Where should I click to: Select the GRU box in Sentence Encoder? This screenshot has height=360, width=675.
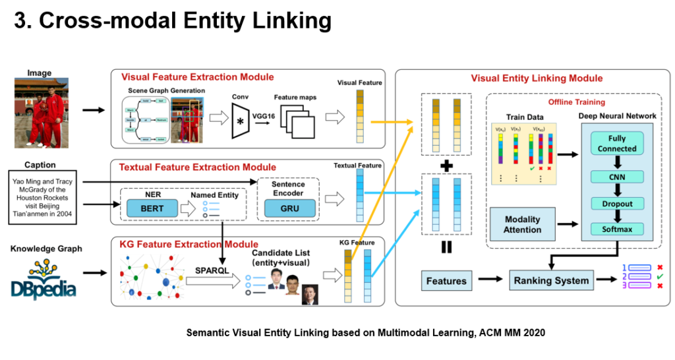(x=285, y=208)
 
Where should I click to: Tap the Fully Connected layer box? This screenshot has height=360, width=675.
(x=616, y=144)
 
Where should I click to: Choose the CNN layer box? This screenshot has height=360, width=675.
(x=616, y=176)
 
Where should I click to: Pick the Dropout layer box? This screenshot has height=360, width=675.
(x=616, y=203)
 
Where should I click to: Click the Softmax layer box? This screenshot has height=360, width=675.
(x=616, y=229)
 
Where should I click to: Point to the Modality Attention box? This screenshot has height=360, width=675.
(x=522, y=224)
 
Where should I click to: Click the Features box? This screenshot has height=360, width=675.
(x=446, y=282)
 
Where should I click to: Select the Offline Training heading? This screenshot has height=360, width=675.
(x=577, y=102)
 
